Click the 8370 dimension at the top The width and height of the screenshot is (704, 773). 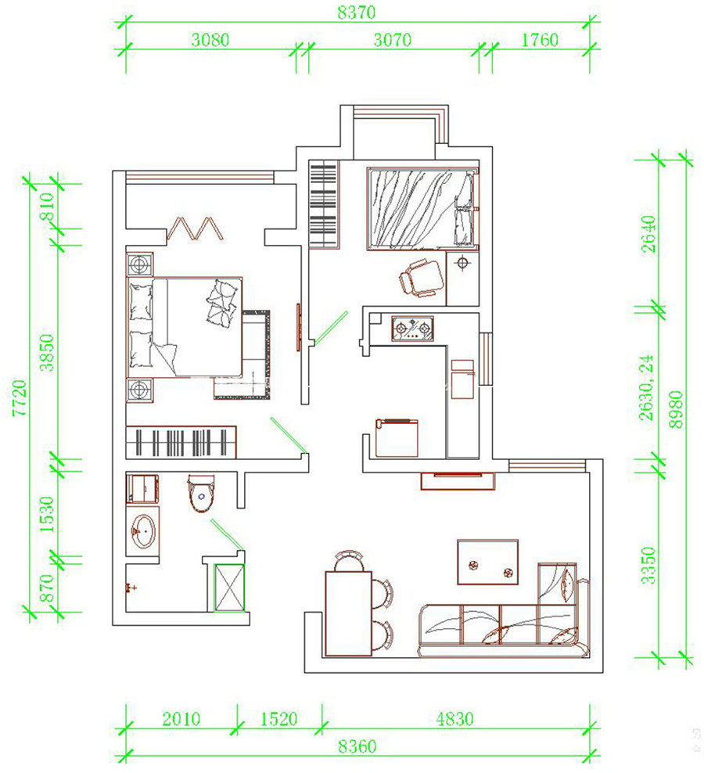[x=356, y=12]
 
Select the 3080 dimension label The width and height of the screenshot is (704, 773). [x=210, y=39]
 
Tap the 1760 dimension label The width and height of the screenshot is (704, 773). [x=540, y=39]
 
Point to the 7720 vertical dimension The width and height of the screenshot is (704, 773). [x=20, y=397]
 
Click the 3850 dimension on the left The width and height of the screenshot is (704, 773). [x=47, y=353]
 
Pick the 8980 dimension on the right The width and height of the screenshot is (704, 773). [x=676, y=410]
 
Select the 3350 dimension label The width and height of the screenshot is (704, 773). [x=648, y=566]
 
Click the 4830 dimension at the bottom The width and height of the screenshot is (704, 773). [x=454, y=719]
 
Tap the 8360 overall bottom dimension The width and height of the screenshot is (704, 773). [x=357, y=746]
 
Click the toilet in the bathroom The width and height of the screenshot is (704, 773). [x=201, y=493]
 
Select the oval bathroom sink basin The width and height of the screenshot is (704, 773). [x=143, y=531]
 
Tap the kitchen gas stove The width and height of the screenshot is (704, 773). [x=413, y=329]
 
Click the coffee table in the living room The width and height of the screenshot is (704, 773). [x=487, y=562]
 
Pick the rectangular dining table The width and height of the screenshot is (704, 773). [x=348, y=613]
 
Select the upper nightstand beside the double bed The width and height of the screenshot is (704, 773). [x=140, y=265]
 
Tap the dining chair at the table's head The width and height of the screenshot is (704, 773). [x=349, y=560]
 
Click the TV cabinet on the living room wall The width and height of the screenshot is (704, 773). [x=458, y=480]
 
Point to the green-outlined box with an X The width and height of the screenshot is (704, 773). [x=229, y=588]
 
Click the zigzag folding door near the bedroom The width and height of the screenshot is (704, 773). [x=196, y=228]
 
